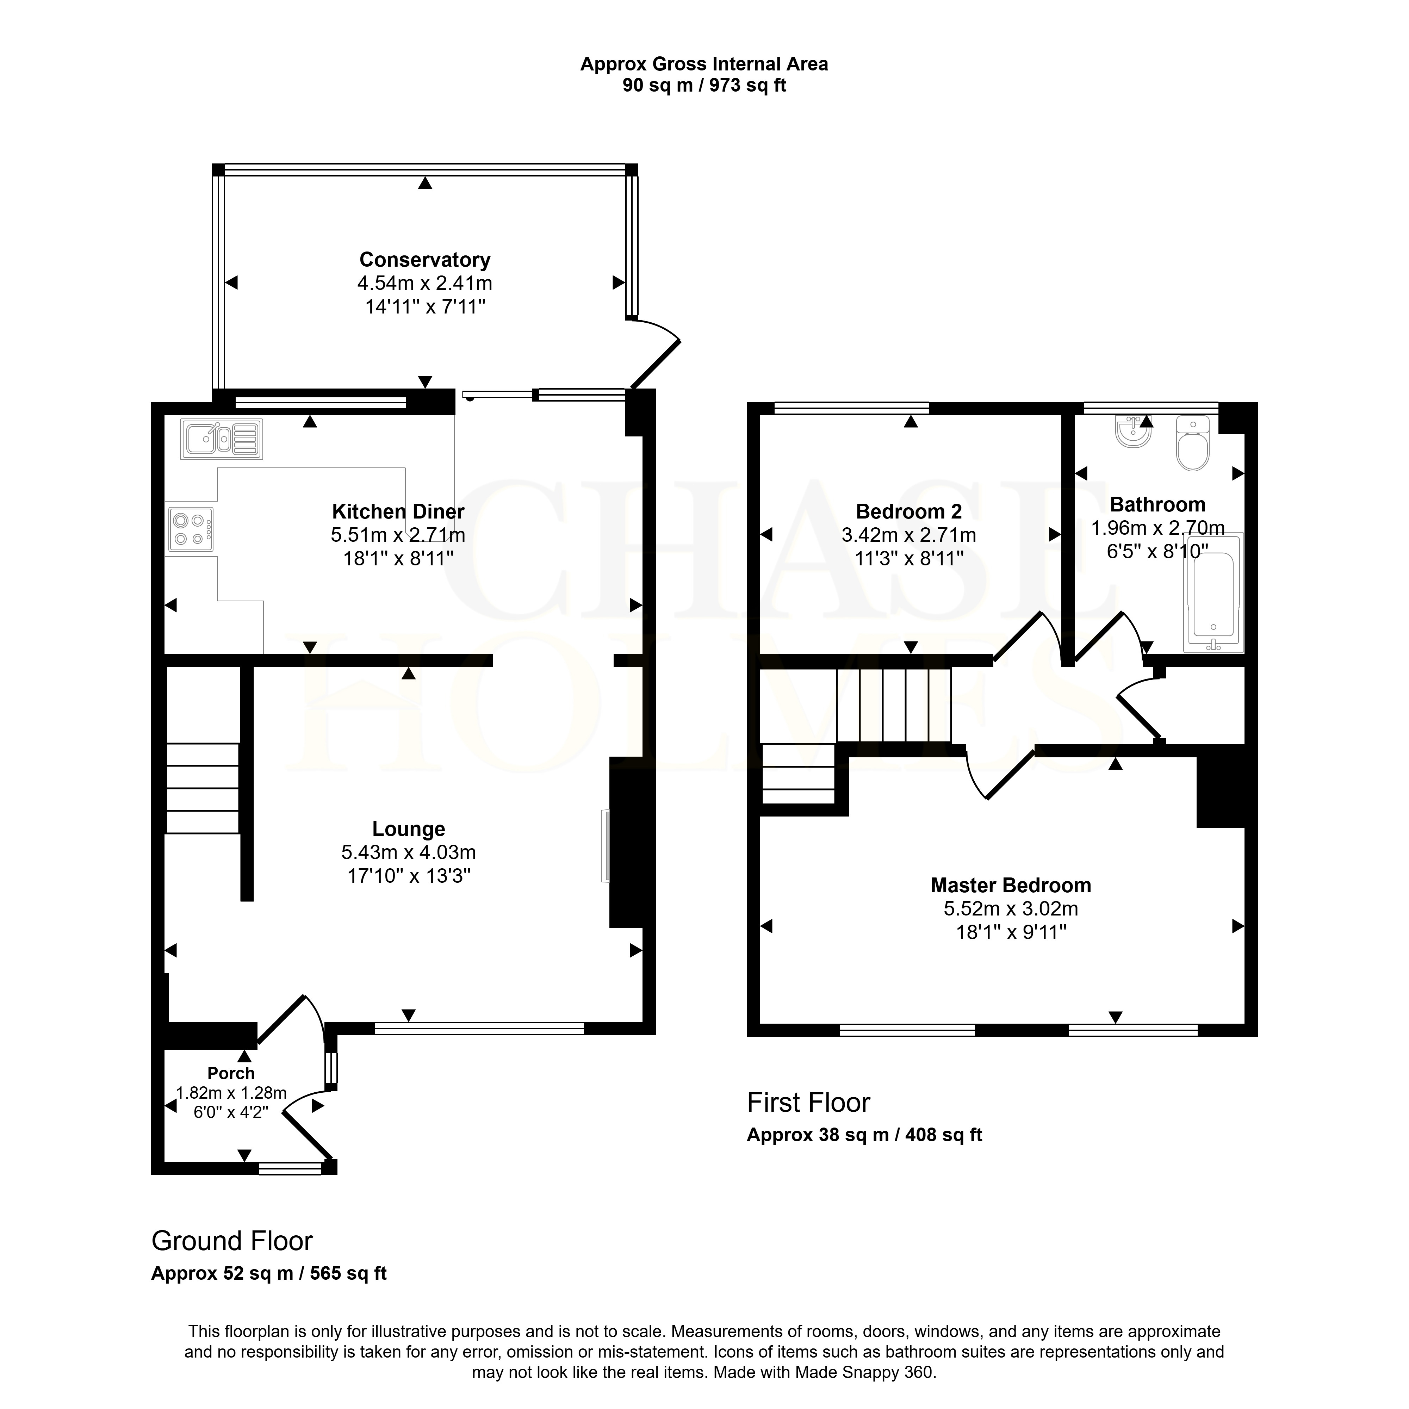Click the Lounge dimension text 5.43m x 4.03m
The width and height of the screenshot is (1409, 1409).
(408, 852)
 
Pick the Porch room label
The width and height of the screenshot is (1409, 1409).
(231, 1074)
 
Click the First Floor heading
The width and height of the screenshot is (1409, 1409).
(808, 1103)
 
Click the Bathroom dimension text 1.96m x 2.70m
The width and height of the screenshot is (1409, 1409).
(1157, 528)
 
